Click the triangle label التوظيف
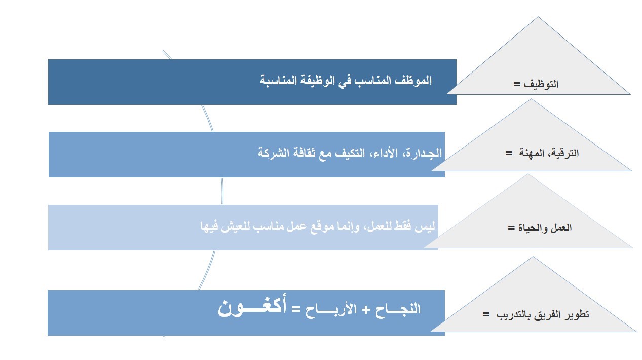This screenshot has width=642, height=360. click(x=541, y=84)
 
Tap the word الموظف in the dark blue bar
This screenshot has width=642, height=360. click(x=413, y=80)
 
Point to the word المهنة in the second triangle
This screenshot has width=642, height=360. click(x=532, y=153)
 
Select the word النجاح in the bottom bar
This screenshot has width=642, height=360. click(x=398, y=309)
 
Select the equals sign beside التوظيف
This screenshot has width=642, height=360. click(x=516, y=84)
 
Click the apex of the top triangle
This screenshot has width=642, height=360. click(x=538, y=17)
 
